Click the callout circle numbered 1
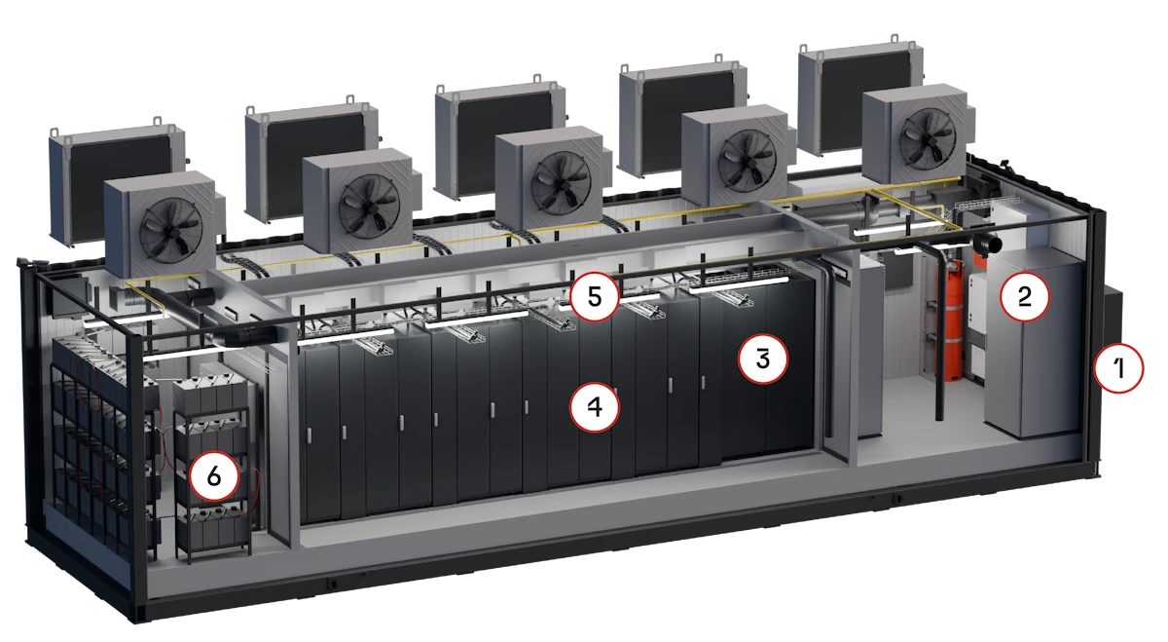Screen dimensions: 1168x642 (x=1118, y=368)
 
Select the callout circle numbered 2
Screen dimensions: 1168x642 (x=1025, y=296)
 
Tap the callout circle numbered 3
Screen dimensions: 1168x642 (x=763, y=359)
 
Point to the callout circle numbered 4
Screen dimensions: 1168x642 (x=595, y=406)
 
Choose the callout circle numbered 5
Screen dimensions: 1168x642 (x=595, y=296)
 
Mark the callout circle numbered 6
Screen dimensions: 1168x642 (x=214, y=476)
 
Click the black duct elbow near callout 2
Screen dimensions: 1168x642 (x=984, y=244)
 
